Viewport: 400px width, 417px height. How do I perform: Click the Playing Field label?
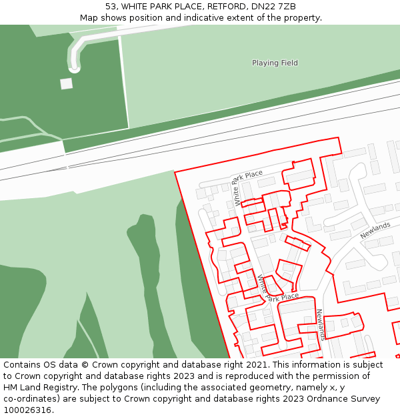275,63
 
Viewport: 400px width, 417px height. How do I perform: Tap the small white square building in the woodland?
66,83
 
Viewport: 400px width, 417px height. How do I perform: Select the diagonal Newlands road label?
375,230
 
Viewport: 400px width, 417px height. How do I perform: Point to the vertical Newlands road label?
320,324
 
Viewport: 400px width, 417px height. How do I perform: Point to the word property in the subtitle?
303,18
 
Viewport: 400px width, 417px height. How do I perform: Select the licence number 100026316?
27,410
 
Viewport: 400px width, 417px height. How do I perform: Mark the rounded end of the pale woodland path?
74,67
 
